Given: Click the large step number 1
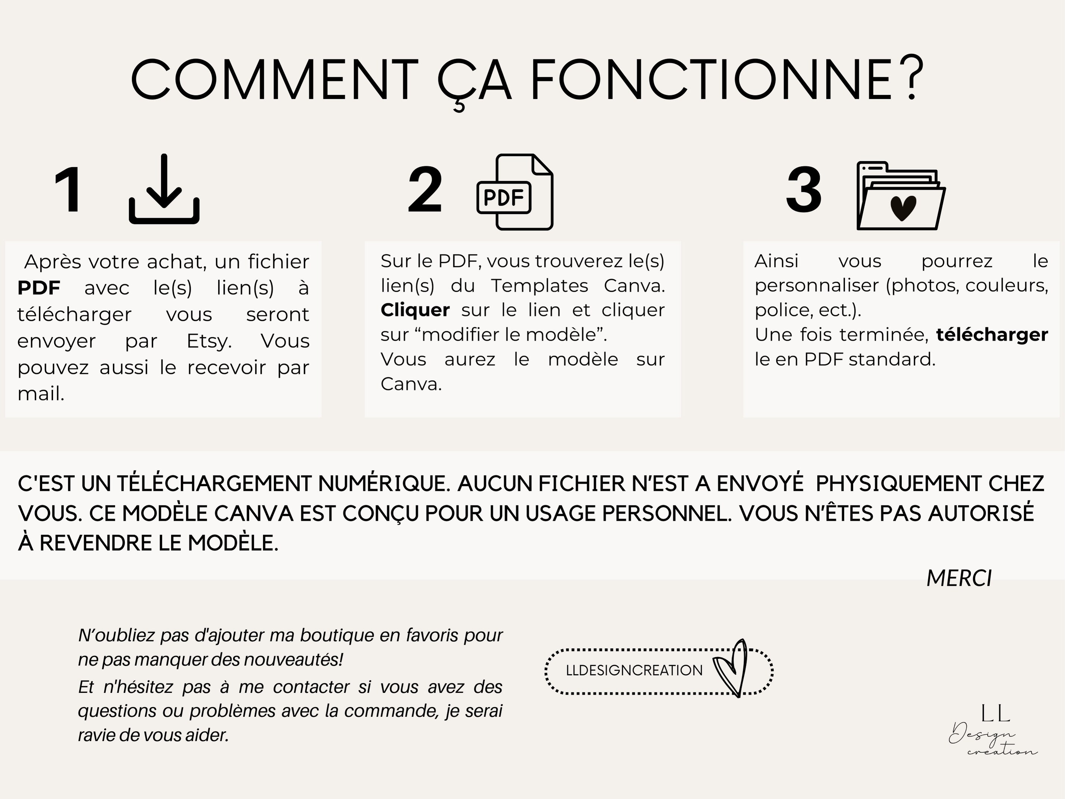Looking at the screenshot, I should click(68, 190).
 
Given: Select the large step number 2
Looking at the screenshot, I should click(425, 190).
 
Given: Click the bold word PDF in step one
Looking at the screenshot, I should click(39, 288).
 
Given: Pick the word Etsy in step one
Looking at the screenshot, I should click(209, 341).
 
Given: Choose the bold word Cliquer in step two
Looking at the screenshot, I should click(415, 310).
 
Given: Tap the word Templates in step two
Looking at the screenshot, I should click(540, 286).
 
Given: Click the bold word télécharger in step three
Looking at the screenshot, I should click(992, 334).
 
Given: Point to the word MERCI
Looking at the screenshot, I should click(959, 578).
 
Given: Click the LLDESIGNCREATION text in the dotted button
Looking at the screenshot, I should click(634, 670).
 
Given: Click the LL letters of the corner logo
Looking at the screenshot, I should click(995, 714).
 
